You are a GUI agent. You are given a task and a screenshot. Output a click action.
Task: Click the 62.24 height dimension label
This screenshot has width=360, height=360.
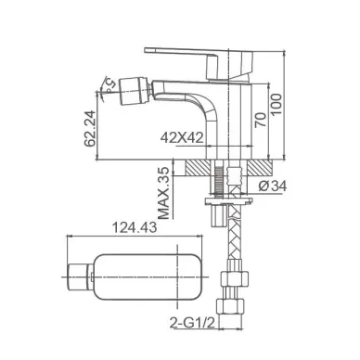click(89, 128)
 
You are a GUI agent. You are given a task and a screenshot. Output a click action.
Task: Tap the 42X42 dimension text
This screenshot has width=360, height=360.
click(182, 137)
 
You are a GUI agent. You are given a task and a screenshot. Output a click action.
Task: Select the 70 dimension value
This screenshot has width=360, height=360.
click(261, 120)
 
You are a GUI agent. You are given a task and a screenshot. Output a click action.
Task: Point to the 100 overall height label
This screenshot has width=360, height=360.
click(276, 105)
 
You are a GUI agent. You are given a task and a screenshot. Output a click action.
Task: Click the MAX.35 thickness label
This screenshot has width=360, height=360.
click(164, 193)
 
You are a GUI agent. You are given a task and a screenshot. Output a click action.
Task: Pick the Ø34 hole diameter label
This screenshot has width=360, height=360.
click(273, 186)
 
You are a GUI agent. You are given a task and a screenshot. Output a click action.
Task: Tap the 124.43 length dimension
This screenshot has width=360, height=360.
click(135, 228)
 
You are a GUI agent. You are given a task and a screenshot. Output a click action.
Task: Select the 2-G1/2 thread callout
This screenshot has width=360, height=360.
click(192, 323)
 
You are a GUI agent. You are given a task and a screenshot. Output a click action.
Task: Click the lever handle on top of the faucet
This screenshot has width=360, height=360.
click(199, 62)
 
